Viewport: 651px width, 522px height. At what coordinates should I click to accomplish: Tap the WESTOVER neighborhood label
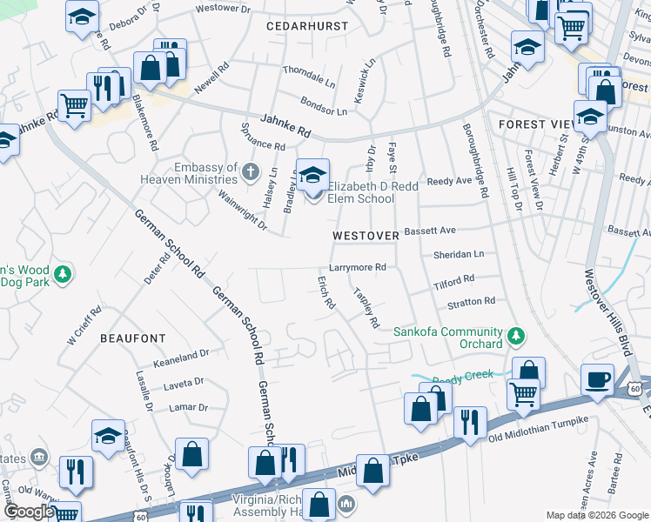click(366, 236)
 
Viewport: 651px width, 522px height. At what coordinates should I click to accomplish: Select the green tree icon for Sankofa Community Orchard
click(516, 334)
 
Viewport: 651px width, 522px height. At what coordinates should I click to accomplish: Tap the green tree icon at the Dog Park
click(62, 276)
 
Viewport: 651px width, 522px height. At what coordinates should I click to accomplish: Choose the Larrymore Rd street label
click(357, 268)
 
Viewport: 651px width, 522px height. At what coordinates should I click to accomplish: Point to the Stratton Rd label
click(471, 301)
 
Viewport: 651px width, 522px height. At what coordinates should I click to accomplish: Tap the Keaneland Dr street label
click(181, 354)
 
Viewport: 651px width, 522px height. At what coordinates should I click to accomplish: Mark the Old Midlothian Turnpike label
click(539, 420)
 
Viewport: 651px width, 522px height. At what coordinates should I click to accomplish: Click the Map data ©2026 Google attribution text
click(597, 515)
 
